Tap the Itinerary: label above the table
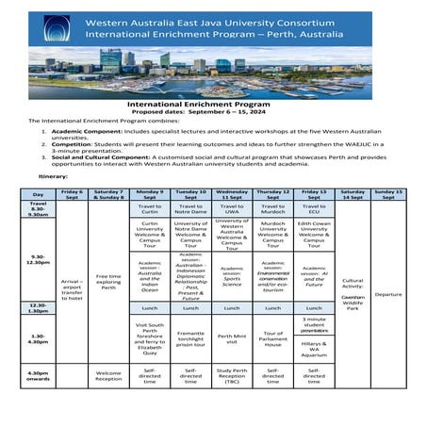click(54, 176)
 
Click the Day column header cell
click(38, 194)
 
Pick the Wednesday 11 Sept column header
click(232, 194)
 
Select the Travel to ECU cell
click(314, 209)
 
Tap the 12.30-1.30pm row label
click(38, 307)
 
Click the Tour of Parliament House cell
click(272, 340)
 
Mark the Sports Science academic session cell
click(232, 275)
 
